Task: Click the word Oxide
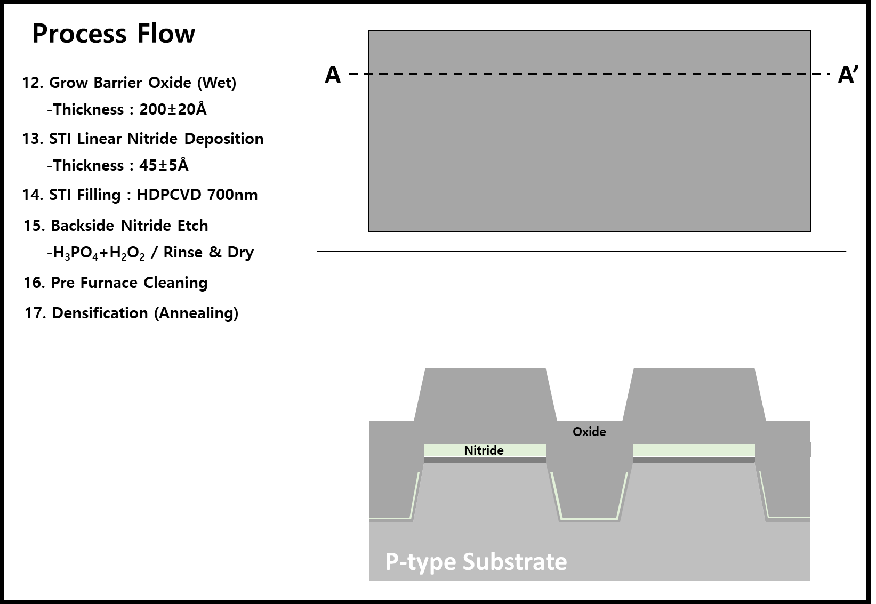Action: (x=589, y=432)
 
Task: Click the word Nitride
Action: (x=484, y=450)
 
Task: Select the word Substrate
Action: (x=515, y=562)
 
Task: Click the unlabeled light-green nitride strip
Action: (x=694, y=450)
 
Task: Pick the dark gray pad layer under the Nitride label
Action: (x=485, y=460)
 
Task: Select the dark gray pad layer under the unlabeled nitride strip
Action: (x=694, y=460)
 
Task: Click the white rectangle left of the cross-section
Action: (x=339, y=491)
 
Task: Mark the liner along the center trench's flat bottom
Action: (x=589, y=519)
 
